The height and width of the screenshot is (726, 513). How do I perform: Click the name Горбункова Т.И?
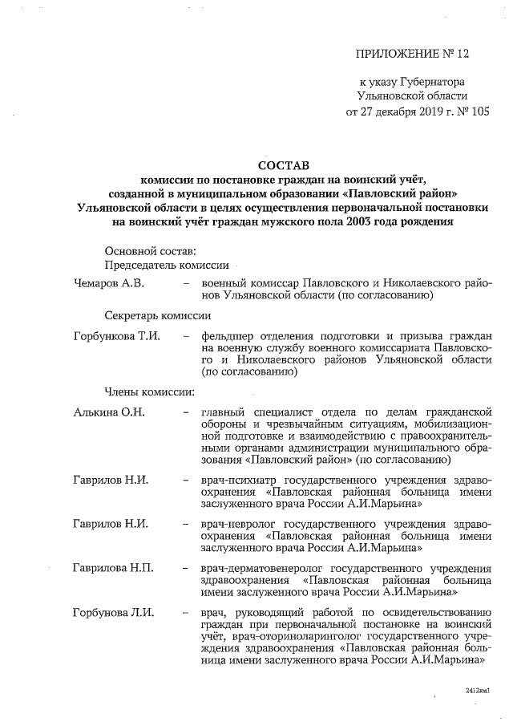pos(116,335)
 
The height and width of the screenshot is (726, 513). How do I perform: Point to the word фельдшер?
pos(228,335)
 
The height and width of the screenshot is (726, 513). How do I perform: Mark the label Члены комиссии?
pos(150,392)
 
